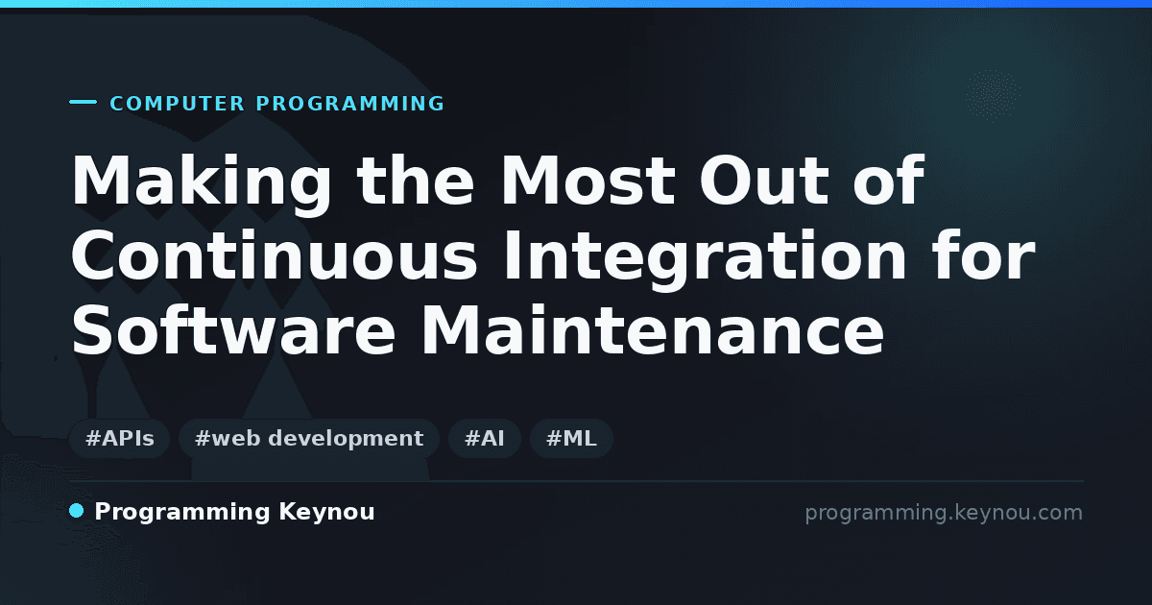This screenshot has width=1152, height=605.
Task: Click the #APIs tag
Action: tap(119, 438)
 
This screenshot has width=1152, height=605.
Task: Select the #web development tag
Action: tap(308, 438)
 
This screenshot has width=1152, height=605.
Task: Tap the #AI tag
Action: tap(485, 438)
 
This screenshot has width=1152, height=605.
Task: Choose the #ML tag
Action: tap(571, 438)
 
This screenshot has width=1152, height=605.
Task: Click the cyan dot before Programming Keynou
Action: tap(77, 511)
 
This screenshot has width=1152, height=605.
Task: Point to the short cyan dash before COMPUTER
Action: tap(83, 102)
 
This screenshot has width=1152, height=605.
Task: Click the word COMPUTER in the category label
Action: tap(178, 104)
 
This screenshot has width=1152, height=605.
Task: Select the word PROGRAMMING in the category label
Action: tap(349, 104)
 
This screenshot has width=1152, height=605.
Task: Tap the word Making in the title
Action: tap(202, 182)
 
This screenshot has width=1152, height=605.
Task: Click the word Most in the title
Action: tap(588, 181)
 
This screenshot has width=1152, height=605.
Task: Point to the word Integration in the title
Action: tap(705, 258)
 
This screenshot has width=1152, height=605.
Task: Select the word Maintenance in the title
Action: tap(652, 329)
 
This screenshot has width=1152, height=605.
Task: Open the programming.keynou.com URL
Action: tap(944, 513)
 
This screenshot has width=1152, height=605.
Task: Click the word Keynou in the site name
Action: tap(326, 513)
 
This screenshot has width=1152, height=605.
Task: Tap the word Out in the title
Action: tap(764, 181)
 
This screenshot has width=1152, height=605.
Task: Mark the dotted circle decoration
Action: tap(993, 95)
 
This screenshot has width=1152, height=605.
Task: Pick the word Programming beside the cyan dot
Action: tap(182, 513)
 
